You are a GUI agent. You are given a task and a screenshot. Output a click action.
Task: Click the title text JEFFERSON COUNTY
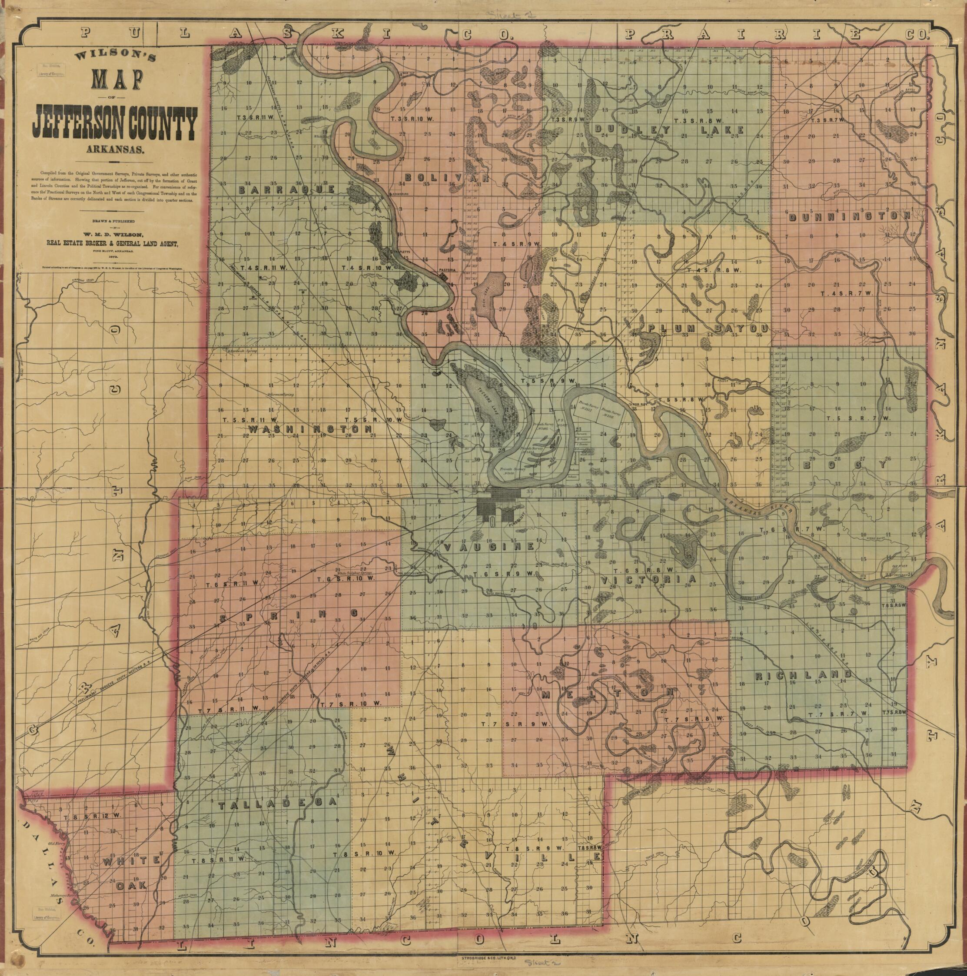[114, 124]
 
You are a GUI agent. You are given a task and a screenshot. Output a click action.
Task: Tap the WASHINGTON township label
[310, 428]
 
